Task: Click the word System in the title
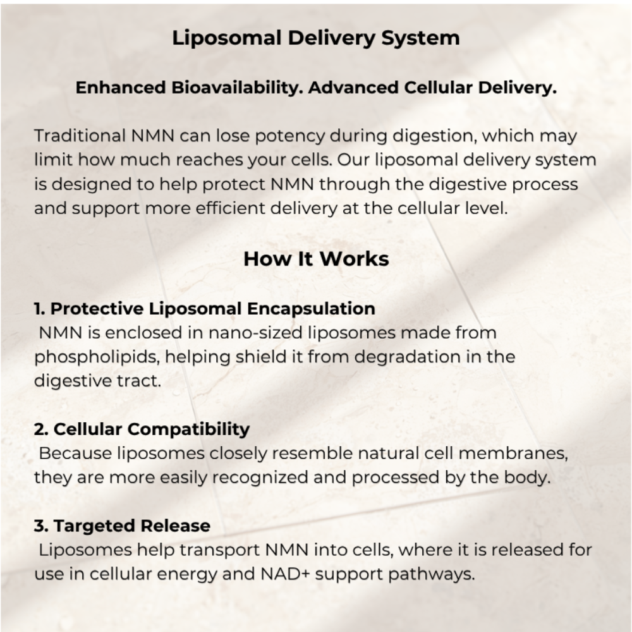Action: [420, 39]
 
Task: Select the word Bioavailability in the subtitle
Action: [237, 88]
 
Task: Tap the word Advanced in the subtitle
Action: [353, 87]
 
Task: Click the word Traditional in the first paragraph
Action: [80, 135]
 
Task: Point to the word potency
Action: [289, 137]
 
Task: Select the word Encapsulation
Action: [311, 309]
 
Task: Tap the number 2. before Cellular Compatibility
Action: [41, 429]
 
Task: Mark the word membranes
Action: [513, 453]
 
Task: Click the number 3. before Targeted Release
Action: [41, 526]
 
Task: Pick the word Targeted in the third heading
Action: [94, 526]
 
